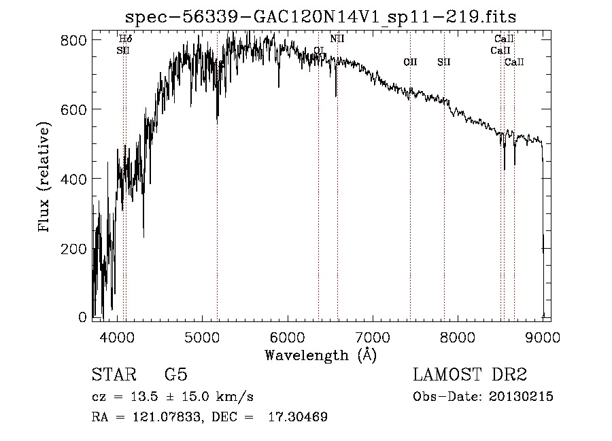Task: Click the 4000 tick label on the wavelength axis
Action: tap(117, 336)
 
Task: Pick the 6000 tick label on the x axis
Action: tap(287, 336)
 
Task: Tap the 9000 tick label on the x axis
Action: tap(542, 336)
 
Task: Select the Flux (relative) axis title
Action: tap(46, 178)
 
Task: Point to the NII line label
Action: tap(337, 39)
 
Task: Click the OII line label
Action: tap(410, 63)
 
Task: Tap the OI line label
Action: tap(319, 51)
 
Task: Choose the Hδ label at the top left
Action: tap(125, 39)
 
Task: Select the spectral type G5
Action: tap(175, 375)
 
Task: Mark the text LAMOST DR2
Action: tap(470, 375)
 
